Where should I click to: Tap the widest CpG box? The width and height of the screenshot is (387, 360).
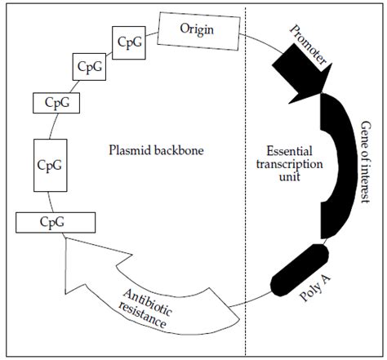54,221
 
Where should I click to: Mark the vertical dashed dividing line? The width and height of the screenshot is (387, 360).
247,180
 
